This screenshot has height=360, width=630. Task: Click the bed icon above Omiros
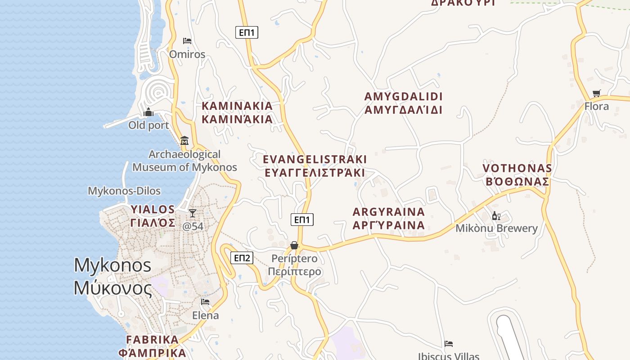(x=187, y=41)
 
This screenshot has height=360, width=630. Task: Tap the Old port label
(x=148, y=125)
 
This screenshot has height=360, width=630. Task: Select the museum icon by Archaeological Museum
(x=184, y=140)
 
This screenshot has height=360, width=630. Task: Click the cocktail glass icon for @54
(x=193, y=213)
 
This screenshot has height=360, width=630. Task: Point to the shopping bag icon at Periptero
(x=294, y=245)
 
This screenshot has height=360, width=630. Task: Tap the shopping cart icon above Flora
(x=597, y=93)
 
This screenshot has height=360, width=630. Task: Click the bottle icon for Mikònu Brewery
(x=496, y=216)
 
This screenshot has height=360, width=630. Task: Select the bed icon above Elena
(x=205, y=301)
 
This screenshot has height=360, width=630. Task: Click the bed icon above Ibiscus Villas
(x=449, y=344)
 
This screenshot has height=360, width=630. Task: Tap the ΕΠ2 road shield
(x=242, y=258)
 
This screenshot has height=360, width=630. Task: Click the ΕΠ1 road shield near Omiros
(x=247, y=32)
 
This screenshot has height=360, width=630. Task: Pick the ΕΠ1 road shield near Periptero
(x=302, y=220)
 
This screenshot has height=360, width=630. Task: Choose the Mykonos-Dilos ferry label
(x=124, y=191)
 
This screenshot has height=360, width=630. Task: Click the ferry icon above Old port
(x=148, y=112)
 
